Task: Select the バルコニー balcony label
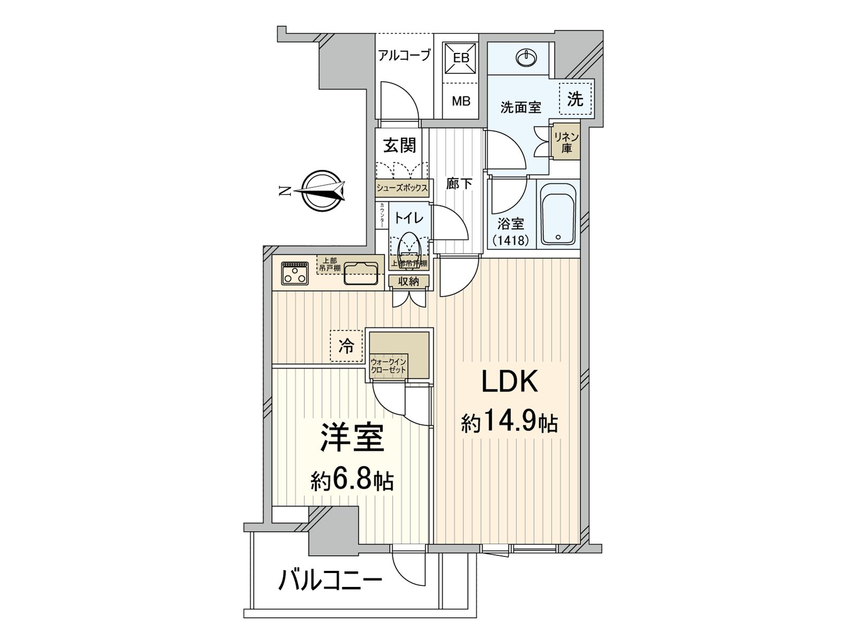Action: [330, 580]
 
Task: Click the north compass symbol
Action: [320, 191]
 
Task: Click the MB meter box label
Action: [461, 100]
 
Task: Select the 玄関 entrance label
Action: [400, 145]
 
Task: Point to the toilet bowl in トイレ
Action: [409, 246]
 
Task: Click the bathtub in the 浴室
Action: [557, 214]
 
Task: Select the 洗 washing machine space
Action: [575, 99]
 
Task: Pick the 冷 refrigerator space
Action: [346, 346]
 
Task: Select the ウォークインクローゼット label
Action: [389, 366]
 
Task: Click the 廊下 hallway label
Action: [459, 184]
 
